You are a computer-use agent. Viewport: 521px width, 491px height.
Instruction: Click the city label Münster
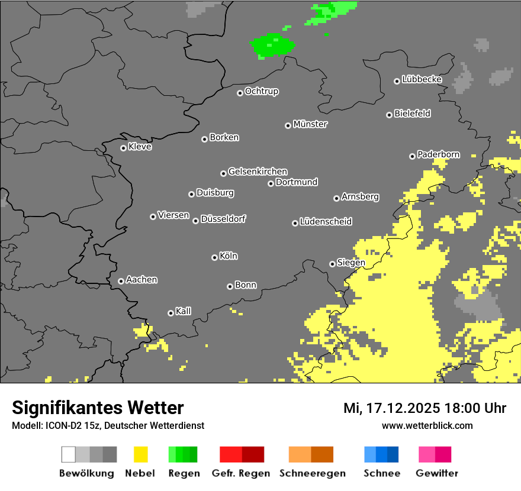click(x=310, y=124)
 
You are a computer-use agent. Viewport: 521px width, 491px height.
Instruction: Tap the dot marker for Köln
click(x=214, y=257)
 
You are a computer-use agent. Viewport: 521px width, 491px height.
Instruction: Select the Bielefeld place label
click(x=413, y=114)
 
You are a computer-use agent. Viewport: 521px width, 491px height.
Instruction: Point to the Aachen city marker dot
click(x=121, y=281)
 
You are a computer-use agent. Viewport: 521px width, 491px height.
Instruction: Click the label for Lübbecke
click(x=422, y=79)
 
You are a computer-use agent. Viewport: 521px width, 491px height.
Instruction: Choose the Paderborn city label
click(x=439, y=155)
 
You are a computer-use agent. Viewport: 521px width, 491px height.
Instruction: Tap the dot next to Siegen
click(x=332, y=264)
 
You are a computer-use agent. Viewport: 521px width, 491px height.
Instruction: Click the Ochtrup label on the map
click(x=262, y=92)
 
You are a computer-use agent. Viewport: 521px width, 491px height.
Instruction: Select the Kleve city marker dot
click(x=123, y=148)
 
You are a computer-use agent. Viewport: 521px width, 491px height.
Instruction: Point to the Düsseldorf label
click(x=223, y=219)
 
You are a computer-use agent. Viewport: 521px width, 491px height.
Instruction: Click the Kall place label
click(x=184, y=311)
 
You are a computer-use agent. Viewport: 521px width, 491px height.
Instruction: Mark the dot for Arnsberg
click(x=336, y=198)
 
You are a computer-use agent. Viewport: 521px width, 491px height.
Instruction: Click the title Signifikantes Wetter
click(x=98, y=408)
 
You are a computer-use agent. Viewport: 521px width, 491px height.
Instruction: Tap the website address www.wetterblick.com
click(x=427, y=425)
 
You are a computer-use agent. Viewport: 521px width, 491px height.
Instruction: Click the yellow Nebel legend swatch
click(x=140, y=454)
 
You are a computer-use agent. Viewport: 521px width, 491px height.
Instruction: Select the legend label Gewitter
click(x=437, y=473)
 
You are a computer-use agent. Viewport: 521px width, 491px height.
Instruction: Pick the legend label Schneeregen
click(x=313, y=473)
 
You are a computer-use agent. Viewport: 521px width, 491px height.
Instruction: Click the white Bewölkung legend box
click(x=69, y=454)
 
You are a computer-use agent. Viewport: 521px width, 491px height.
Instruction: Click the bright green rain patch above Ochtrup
click(x=272, y=45)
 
